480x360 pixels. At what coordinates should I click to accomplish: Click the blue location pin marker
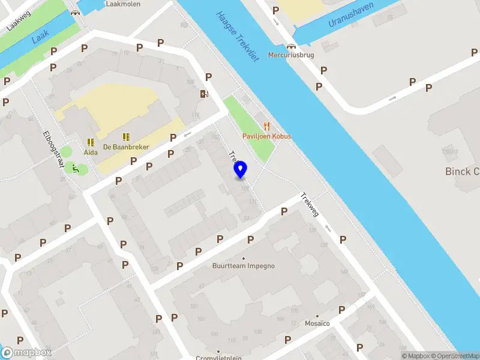point(241,170)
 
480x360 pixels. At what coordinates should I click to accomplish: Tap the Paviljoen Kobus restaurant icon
point(266,126)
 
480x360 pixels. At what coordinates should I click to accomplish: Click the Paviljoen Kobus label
point(266,136)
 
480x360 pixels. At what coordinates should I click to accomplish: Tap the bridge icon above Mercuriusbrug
point(292,46)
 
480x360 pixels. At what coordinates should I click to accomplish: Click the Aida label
point(91,152)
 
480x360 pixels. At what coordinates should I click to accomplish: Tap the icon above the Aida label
point(91,142)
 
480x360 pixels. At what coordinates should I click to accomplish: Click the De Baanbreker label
point(126,146)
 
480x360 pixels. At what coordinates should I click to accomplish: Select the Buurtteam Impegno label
point(244,266)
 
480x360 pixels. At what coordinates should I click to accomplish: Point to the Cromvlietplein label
point(218,358)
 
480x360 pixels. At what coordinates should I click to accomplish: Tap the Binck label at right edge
point(462,172)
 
